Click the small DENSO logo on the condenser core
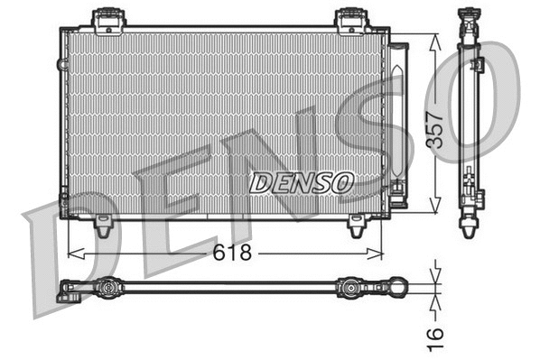coord(301,182)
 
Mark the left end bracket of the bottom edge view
coord(67,291)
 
